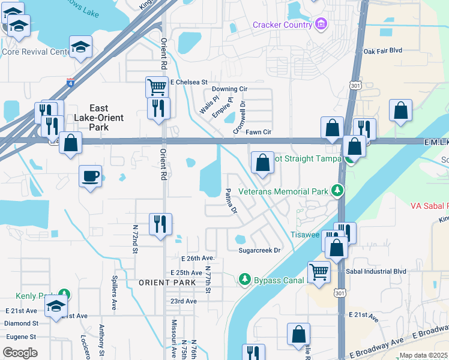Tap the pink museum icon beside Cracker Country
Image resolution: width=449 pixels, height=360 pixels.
322,24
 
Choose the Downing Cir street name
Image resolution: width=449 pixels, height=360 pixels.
229,89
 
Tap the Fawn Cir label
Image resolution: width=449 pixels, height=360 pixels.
259,131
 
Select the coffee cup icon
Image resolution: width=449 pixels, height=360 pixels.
91,176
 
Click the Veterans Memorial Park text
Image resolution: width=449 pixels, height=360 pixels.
283,191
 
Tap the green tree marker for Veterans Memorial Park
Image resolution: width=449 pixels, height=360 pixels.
339,191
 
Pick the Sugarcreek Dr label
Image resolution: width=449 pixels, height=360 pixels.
259,250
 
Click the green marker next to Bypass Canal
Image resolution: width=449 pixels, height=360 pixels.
245,280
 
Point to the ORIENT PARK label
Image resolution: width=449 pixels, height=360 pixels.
167,282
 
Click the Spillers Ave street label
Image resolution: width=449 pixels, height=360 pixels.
114,293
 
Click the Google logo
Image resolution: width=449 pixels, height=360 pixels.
20,352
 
